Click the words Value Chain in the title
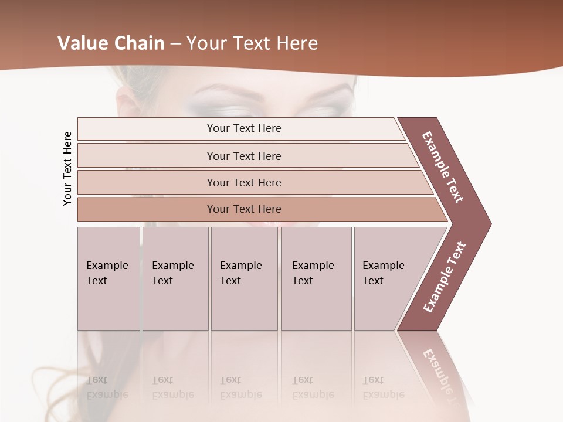click(111, 43)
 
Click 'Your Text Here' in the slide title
click(252, 43)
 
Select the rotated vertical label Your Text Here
click(67, 168)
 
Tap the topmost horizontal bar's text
click(244, 128)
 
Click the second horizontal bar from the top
click(244, 156)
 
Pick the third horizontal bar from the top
click(244, 182)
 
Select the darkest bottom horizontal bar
click(244, 209)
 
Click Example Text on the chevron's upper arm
click(443, 166)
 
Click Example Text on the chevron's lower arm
click(444, 277)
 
